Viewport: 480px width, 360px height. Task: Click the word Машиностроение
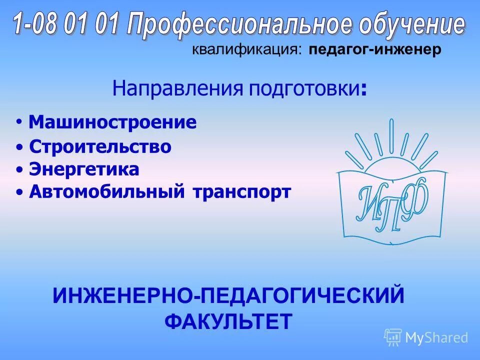(x=112, y=122)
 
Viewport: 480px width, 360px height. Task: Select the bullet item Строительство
(x=100, y=147)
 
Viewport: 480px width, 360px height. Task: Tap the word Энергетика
(x=84, y=170)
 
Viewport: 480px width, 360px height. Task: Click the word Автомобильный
(x=105, y=192)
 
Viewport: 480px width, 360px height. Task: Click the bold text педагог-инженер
(x=375, y=50)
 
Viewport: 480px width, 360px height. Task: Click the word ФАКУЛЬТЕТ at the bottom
(x=228, y=321)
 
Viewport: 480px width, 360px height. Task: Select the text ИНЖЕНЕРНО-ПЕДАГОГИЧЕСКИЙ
(x=228, y=295)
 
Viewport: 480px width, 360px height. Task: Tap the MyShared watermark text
(x=436, y=337)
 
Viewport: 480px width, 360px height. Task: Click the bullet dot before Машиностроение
(x=18, y=122)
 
